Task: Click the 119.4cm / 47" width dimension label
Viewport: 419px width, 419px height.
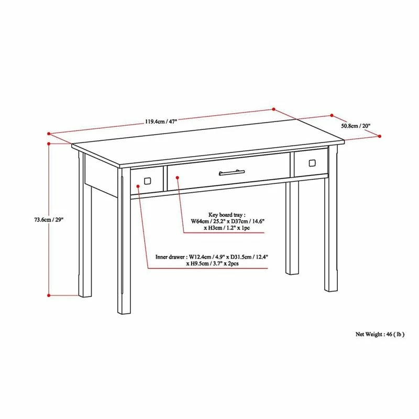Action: [161, 122]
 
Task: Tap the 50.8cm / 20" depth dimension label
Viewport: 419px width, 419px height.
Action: [356, 126]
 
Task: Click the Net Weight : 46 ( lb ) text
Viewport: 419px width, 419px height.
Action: [380, 334]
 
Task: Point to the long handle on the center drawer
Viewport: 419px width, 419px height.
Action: [231, 171]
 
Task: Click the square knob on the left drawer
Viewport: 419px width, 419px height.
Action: [147, 181]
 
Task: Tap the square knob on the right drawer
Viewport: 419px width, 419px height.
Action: [312, 162]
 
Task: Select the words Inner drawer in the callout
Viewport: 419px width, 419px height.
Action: [170, 257]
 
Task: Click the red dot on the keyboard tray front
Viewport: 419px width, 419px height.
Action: [178, 177]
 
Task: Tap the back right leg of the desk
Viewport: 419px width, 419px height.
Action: [291, 230]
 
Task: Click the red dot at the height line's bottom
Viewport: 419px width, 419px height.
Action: [49, 295]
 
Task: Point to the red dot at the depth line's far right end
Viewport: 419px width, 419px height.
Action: [380, 136]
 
